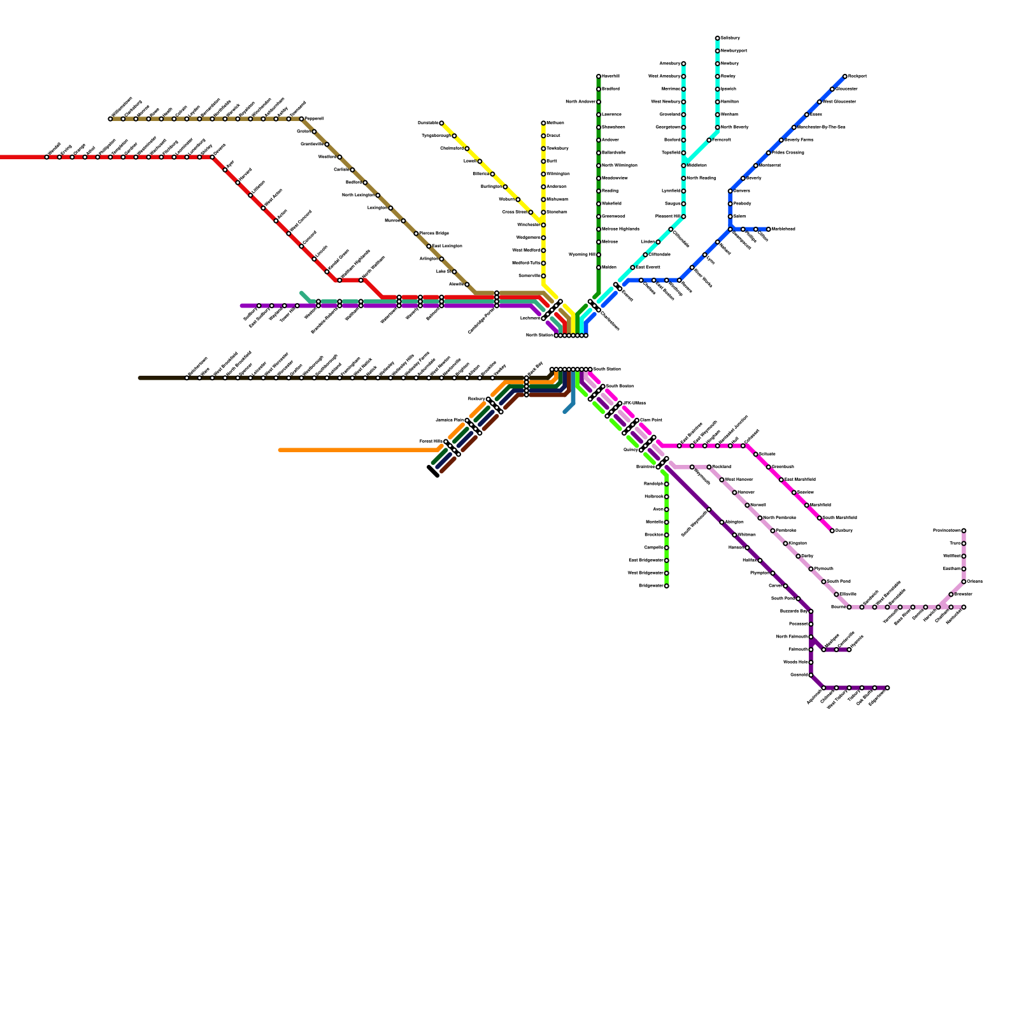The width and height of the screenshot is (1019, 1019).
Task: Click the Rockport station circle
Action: click(x=845, y=76)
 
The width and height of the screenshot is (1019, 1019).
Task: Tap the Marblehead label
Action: click(x=783, y=229)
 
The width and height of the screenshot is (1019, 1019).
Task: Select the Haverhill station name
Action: click(x=611, y=76)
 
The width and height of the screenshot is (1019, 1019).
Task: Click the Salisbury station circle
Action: click(x=717, y=38)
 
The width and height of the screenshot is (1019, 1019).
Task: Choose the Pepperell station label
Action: click(x=314, y=119)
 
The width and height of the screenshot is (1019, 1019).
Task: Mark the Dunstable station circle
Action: click(x=441, y=123)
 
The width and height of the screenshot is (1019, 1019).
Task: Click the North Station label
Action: click(x=539, y=335)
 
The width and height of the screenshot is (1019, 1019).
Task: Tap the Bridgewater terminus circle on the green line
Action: click(x=666, y=586)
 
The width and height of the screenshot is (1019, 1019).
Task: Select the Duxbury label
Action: click(x=844, y=531)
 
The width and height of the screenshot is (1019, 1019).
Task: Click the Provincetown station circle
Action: click(x=964, y=531)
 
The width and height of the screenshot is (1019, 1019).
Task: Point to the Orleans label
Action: click(x=975, y=581)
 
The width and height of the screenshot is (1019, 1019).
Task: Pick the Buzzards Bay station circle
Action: click(x=811, y=611)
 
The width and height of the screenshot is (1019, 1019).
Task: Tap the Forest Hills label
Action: click(x=431, y=441)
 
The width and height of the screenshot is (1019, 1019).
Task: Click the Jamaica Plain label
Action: click(x=449, y=420)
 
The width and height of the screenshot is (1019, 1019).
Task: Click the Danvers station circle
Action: click(x=730, y=191)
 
